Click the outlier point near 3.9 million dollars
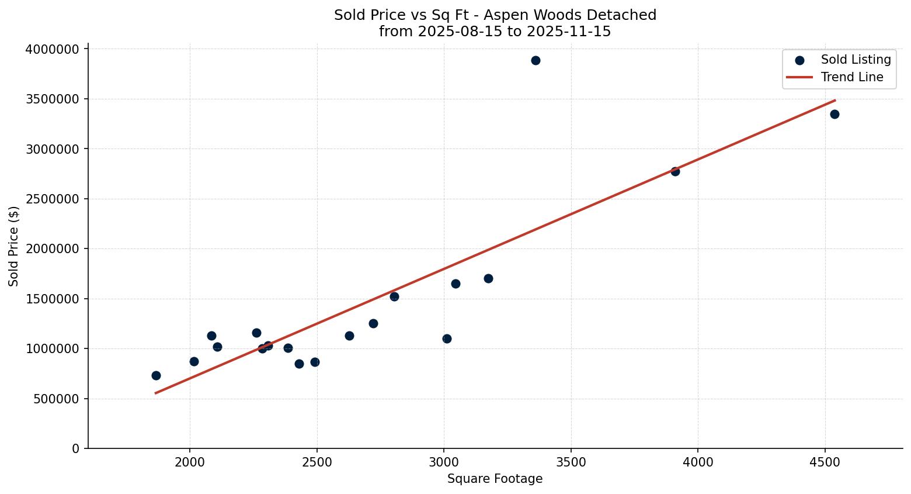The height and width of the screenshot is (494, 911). [x=536, y=60]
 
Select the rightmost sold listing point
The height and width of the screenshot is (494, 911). [x=834, y=114]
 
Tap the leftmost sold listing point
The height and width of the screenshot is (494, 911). [x=156, y=375]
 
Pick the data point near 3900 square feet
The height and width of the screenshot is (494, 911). [x=675, y=171]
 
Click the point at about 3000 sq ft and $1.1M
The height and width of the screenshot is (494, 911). [x=447, y=338]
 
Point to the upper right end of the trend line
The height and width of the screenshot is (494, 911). [x=835, y=100]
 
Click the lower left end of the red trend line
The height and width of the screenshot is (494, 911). [x=155, y=393]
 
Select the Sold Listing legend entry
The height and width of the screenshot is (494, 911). [x=856, y=60]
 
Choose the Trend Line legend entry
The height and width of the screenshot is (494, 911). [x=851, y=77]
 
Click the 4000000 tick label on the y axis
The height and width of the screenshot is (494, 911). [x=53, y=49]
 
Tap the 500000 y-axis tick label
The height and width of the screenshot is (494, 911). [x=56, y=399]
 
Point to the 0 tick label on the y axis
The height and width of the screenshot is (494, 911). [x=76, y=448]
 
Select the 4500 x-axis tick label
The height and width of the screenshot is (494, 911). [x=825, y=463]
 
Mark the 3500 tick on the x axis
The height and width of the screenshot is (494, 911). [x=571, y=463]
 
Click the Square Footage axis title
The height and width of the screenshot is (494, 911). [x=495, y=479]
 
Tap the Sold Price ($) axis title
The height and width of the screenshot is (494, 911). [x=14, y=246]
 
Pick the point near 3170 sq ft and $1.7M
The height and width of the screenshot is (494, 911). [x=488, y=278]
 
